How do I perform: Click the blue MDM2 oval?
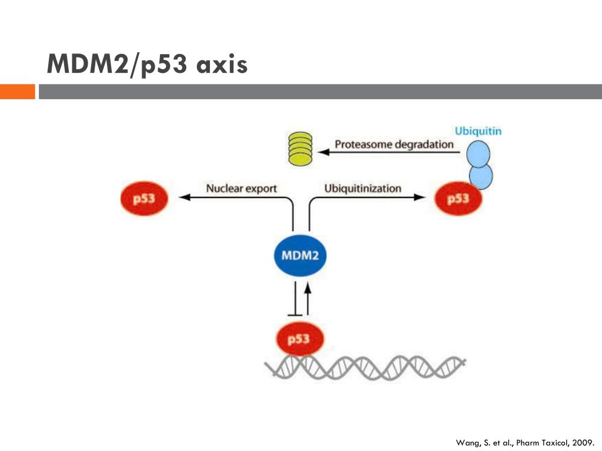300,255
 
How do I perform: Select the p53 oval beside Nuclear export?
145,198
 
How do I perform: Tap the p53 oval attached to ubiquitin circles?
458,198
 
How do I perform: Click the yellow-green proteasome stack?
300,149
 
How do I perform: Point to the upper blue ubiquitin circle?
479,154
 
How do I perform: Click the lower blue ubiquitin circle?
481,176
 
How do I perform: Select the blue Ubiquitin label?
478,131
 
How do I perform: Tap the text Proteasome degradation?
394,144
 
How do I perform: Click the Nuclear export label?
242,189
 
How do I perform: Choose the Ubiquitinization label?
363,189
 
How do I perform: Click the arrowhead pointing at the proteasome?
324,152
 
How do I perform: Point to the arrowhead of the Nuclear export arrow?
185,197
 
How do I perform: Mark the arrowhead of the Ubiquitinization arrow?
420,197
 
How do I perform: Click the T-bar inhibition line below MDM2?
295,299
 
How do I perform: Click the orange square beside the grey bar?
18,92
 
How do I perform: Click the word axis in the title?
222,65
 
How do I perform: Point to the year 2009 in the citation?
583,443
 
